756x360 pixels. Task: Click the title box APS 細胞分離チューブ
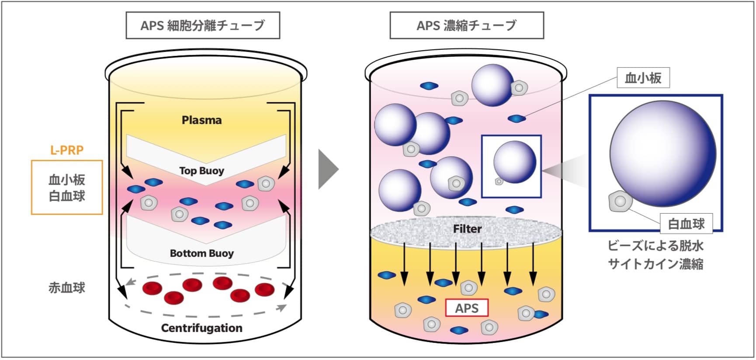[203, 25]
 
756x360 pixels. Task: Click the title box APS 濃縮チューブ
[466, 25]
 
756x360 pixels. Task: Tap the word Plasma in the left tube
[201, 120]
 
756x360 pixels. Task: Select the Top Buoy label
[201, 171]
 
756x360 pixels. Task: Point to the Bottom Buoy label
[201, 253]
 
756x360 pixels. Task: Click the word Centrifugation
[201, 328]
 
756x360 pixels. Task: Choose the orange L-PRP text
[67, 150]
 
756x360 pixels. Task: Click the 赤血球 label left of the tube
[67, 288]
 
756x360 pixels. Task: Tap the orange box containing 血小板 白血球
[67, 187]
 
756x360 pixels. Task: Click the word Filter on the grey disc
[467, 229]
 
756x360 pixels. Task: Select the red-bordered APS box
[467, 308]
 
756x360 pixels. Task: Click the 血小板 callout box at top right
[643, 78]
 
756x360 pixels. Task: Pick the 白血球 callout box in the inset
[686, 224]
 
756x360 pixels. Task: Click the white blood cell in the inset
[620, 201]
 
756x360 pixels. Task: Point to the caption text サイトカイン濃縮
[655, 264]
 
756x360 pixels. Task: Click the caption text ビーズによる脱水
[655, 246]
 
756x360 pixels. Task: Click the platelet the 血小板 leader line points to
[517, 118]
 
